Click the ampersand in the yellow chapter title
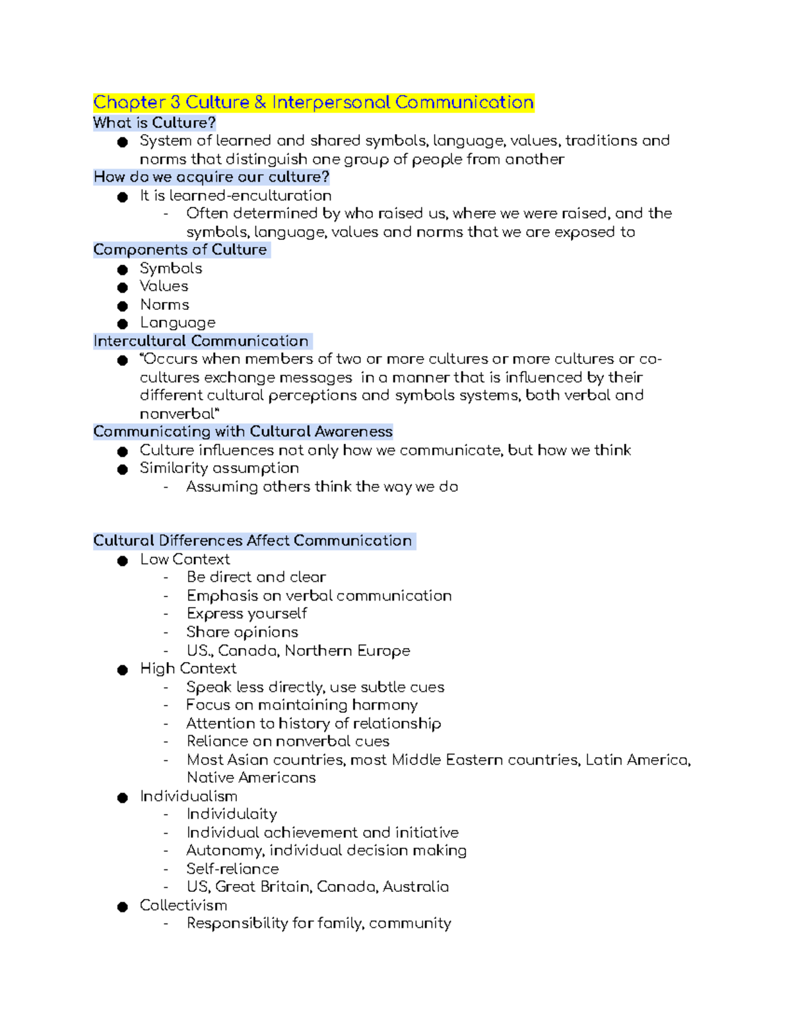[x=260, y=102]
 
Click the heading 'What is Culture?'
[x=154, y=123]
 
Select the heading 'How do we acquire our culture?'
[x=211, y=177]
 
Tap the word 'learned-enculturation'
[x=250, y=196]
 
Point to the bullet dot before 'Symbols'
[x=122, y=270]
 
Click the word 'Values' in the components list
[x=164, y=286]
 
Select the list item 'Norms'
[x=164, y=305]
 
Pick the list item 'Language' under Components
[x=178, y=322]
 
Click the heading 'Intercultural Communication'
[x=201, y=341]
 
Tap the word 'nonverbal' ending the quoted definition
[x=177, y=414]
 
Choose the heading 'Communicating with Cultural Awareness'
[x=243, y=431]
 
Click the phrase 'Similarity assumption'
[x=219, y=468]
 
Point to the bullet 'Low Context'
[x=185, y=559]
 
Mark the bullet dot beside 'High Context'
[x=122, y=670]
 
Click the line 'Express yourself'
[x=247, y=614]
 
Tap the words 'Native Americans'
[x=251, y=778]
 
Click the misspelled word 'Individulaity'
[x=232, y=814]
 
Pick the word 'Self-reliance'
[x=232, y=869]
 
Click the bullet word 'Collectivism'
[x=183, y=905]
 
